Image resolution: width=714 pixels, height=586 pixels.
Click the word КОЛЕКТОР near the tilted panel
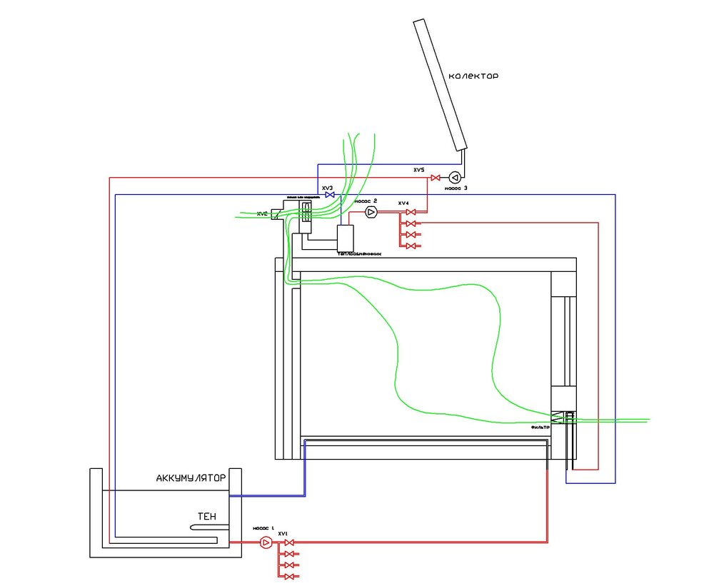tap(473, 76)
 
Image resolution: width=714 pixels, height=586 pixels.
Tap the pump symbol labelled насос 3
tap(454, 178)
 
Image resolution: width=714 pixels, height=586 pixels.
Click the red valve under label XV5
tap(433, 178)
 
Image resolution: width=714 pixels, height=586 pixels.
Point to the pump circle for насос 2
tap(371, 212)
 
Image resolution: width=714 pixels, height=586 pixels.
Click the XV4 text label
tap(403, 203)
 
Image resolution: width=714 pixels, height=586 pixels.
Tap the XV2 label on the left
tap(262, 213)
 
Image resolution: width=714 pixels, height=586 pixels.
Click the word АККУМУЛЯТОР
tap(191, 478)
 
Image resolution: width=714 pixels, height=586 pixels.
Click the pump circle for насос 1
tap(265, 543)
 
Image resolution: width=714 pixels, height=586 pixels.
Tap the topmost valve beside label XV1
tap(288, 543)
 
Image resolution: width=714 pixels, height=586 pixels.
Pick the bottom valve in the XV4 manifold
tap(411, 246)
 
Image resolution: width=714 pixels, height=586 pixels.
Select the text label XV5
tap(418, 171)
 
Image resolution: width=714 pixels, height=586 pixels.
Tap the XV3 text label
tap(328, 188)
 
